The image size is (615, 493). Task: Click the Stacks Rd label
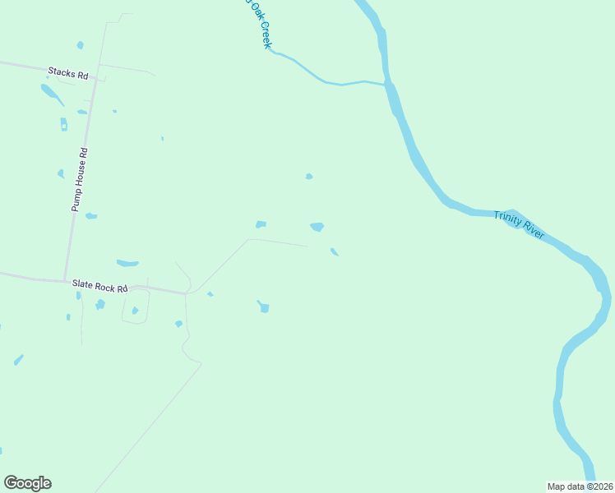tap(67, 74)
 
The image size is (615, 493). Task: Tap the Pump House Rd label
tap(79, 180)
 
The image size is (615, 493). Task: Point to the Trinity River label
tap(519, 224)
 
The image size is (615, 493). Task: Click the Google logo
tap(27, 483)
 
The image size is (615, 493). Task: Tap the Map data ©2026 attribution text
tap(580, 486)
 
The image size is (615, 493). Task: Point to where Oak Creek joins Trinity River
tap(386, 83)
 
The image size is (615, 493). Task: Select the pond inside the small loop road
tap(135, 311)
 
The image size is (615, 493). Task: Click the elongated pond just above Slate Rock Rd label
tap(127, 263)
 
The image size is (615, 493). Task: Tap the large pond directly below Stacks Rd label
tap(52, 94)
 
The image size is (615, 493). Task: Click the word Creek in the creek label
tap(265, 35)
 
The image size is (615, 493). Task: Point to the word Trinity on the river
tap(508, 219)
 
